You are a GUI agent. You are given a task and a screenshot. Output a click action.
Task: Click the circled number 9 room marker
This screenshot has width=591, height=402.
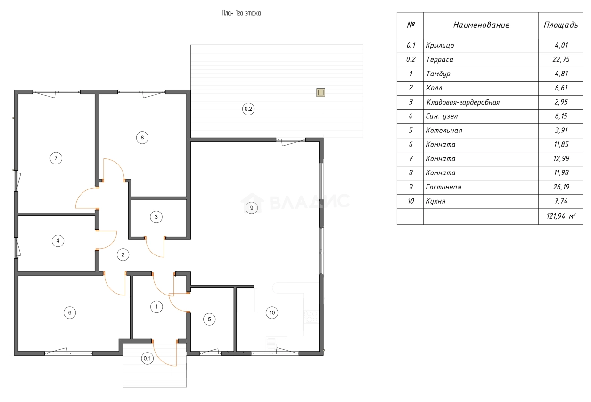(x=252, y=208)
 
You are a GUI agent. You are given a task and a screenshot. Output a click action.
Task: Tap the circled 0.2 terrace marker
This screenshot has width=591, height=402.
(x=248, y=109)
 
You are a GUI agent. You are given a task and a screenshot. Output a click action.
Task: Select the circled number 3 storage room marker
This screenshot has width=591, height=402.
(x=156, y=217)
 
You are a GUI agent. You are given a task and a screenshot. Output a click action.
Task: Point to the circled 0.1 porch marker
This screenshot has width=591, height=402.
(x=147, y=358)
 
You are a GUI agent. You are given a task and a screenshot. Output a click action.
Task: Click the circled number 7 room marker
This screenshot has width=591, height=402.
(x=56, y=158)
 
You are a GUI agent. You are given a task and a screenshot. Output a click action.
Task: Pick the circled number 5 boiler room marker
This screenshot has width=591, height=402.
(x=209, y=319)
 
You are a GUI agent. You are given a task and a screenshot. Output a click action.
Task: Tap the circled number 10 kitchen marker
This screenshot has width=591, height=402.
(x=272, y=312)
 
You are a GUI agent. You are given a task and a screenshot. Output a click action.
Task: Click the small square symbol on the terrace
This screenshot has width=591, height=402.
(x=320, y=92)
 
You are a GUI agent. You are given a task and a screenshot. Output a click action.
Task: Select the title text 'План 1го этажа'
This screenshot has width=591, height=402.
(x=241, y=13)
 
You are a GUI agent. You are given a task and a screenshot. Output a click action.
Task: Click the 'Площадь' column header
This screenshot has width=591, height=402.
(x=561, y=25)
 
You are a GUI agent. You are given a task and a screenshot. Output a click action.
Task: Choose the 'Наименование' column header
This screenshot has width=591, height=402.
(x=481, y=25)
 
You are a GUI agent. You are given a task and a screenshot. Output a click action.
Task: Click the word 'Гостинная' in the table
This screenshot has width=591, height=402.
(x=443, y=187)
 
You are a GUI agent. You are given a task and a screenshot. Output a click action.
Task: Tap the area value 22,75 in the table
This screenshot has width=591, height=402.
(x=561, y=59)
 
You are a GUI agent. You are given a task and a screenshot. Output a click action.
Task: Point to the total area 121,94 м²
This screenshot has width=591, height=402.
(x=561, y=216)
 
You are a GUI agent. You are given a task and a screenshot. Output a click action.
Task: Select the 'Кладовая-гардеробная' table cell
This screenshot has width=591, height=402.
(x=463, y=102)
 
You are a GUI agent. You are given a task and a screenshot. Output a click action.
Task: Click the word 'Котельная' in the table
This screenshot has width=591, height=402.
(x=444, y=130)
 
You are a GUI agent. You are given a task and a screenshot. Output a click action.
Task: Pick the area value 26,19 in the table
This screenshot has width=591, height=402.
(x=561, y=187)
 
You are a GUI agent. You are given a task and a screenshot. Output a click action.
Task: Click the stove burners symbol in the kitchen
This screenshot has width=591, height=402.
(x=311, y=317)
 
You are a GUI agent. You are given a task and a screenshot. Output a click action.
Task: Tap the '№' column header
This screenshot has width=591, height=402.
(x=411, y=25)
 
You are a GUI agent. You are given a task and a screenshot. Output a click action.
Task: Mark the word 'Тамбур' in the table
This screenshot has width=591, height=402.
(x=438, y=74)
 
